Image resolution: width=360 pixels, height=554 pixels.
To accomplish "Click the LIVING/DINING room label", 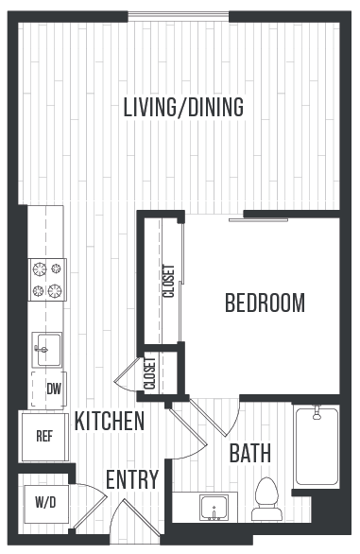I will pos(183,107).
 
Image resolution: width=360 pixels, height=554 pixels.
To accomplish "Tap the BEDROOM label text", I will pos(265,303).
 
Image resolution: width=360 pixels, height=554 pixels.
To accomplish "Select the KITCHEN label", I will pos(110,422).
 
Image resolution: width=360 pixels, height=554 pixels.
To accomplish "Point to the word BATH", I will pos(250,454).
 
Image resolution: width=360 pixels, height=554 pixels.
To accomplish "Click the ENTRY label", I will pos(131,479).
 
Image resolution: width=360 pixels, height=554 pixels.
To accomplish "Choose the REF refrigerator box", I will pos(43,437).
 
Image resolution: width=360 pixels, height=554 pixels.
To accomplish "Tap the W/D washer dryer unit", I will pos(44,500).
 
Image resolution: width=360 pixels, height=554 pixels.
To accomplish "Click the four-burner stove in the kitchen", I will pos(47,281).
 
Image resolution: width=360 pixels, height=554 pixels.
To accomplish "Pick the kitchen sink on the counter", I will pos(46,348).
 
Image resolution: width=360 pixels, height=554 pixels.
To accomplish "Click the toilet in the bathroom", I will pos(266,499).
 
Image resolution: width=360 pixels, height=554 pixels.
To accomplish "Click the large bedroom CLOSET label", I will pos(169,281).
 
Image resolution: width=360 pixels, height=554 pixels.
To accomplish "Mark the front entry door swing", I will pos(123,520).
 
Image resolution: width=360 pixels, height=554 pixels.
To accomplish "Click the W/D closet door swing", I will pos(89,500).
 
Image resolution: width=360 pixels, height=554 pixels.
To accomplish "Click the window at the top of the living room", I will pos(179,17).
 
